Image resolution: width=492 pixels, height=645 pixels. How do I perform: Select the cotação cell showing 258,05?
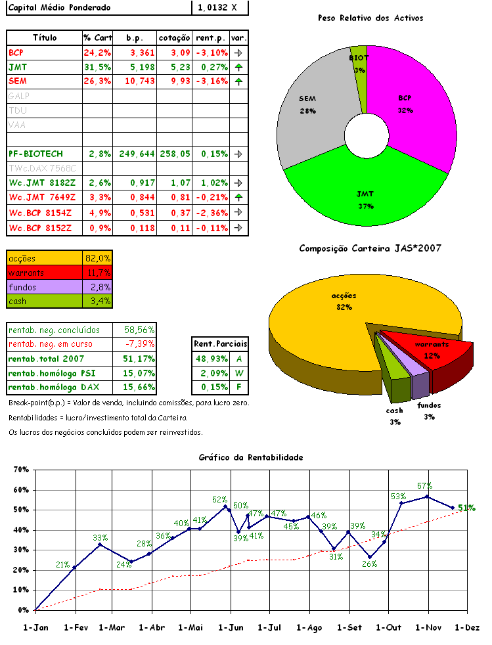[x=175, y=154]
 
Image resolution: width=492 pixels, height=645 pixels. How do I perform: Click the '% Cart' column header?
[x=97, y=37]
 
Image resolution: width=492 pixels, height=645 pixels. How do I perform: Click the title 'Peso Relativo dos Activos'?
[x=370, y=18]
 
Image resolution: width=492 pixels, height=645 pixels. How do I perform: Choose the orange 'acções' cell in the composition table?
[x=45, y=258]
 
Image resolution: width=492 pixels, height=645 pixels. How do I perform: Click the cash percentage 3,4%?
[x=98, y=301]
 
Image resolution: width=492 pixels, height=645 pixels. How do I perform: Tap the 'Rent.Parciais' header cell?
[x=221, y=344]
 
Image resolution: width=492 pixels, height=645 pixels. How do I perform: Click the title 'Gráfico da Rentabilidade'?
[x=250, y=457]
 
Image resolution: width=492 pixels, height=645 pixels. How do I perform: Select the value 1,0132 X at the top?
[x=221, y=7]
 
